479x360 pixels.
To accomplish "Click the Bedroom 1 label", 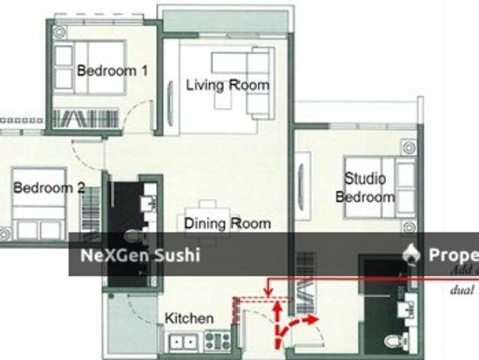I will tap(112, 71).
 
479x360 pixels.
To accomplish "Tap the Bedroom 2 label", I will tap(49, 188).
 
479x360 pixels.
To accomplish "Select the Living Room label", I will tap(227, 85).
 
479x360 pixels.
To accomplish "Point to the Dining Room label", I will tap(227, 223).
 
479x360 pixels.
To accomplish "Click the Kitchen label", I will tap(189, 318).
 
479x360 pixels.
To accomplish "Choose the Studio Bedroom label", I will tap(365, 188).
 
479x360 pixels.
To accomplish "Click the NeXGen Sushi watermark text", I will tap(139, 255).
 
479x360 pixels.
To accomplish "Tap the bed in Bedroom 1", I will tap(89, 69).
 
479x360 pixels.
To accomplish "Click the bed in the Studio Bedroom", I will tap(379, 187).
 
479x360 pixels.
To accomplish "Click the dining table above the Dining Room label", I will tap(208, 208).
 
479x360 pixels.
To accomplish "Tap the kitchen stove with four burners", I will tap(218, 340).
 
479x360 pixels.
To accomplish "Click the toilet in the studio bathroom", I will tap(394, 342).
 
